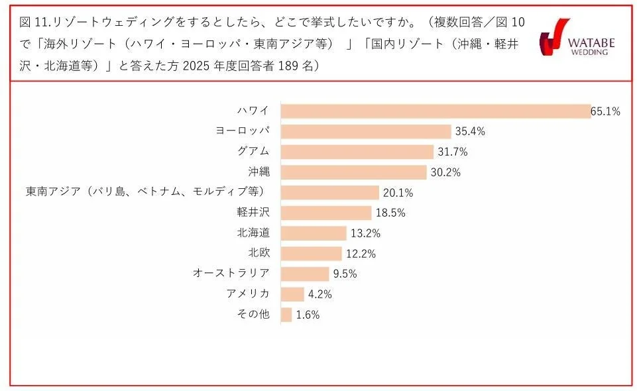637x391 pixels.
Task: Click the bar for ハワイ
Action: (435, 111)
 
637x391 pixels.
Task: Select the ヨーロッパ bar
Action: (366, 131)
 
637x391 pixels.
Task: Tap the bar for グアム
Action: (357, 152)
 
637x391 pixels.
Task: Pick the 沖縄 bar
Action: (353, 172)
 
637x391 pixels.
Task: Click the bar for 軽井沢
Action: (326, 213)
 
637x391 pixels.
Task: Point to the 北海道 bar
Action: (314, 233)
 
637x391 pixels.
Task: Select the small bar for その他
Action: (286, 315)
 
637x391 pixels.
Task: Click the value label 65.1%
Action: (605, 111)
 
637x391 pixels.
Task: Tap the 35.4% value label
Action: (470, 131)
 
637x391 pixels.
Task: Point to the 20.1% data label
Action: (398, 193)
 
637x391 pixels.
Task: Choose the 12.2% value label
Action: (360, 254)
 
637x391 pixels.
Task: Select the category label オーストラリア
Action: (231, 274)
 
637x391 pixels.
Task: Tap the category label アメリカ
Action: (248, 294)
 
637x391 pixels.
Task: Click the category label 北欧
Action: (259, 253)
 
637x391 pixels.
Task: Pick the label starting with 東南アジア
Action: (145, 192)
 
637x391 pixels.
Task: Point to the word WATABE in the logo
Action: (592, 43)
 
